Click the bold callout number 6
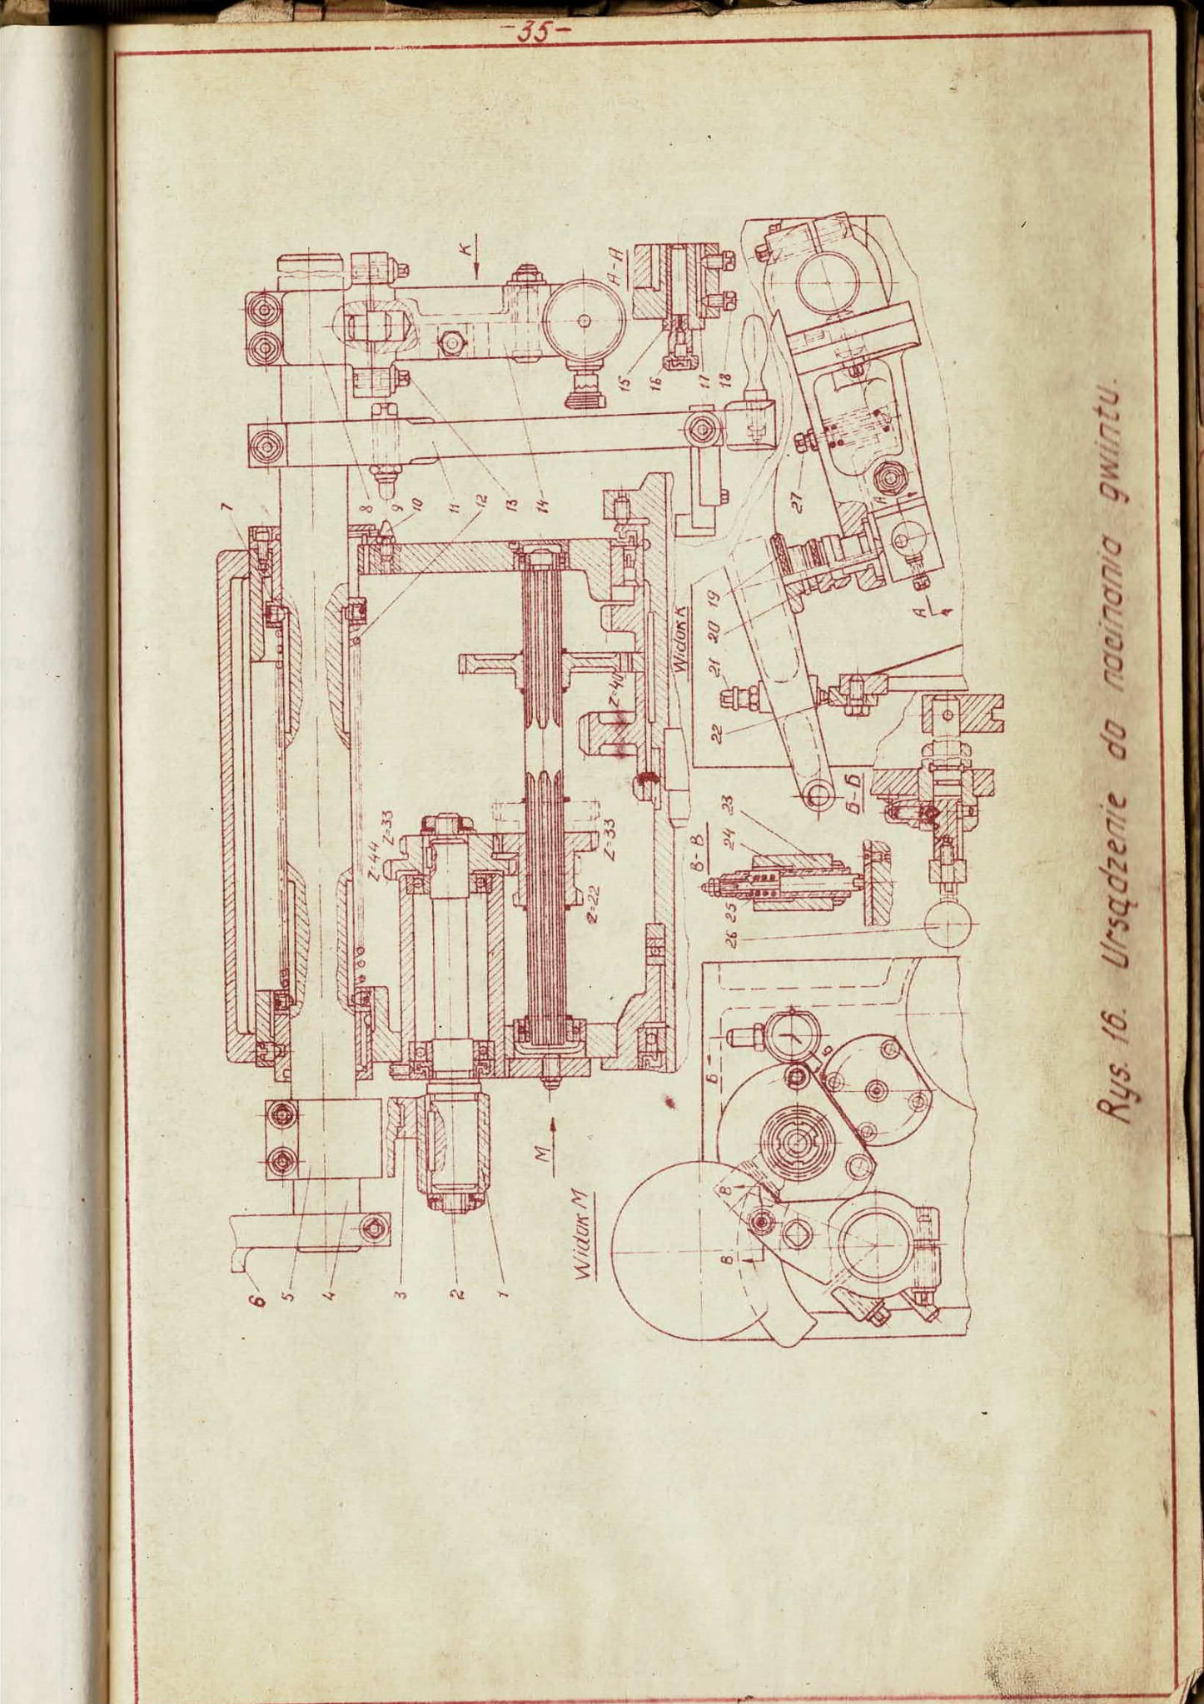[x=257, y=1298]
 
